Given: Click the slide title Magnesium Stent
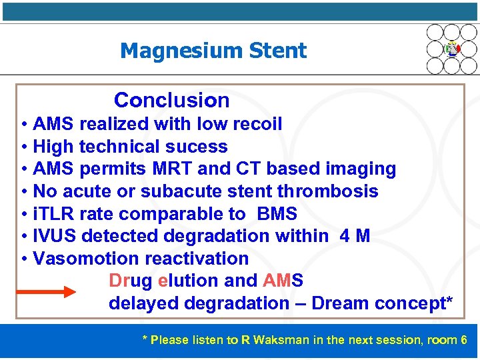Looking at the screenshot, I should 213,51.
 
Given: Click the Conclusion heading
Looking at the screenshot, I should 171,101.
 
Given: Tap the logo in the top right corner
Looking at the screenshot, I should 452,49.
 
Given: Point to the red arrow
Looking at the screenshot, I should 47,292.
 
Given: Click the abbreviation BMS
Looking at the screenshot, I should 277,214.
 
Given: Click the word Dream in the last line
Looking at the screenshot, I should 339,303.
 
